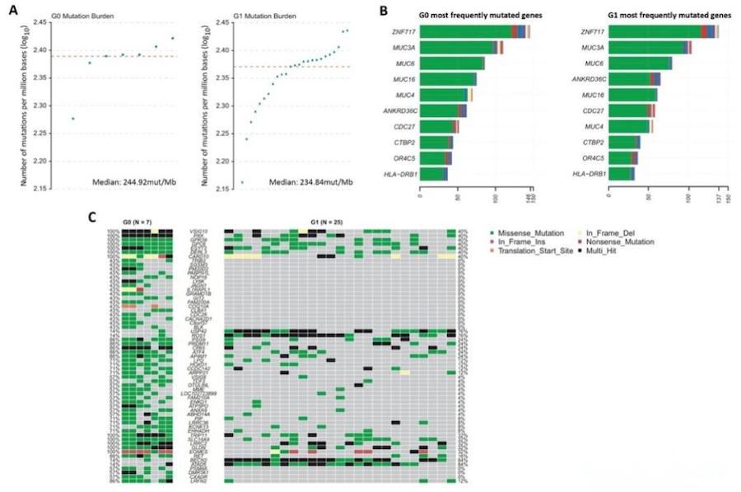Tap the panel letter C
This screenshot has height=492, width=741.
(x=92, y=218)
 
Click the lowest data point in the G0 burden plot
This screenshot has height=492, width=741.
(x=73, y=119)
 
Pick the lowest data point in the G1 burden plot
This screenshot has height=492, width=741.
(x=241, y=182)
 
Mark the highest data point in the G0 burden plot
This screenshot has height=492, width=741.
(x=172, y=38)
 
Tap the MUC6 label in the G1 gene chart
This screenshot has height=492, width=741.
(x=591, y=63)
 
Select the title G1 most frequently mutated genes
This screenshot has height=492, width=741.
(x=650, y=16)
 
